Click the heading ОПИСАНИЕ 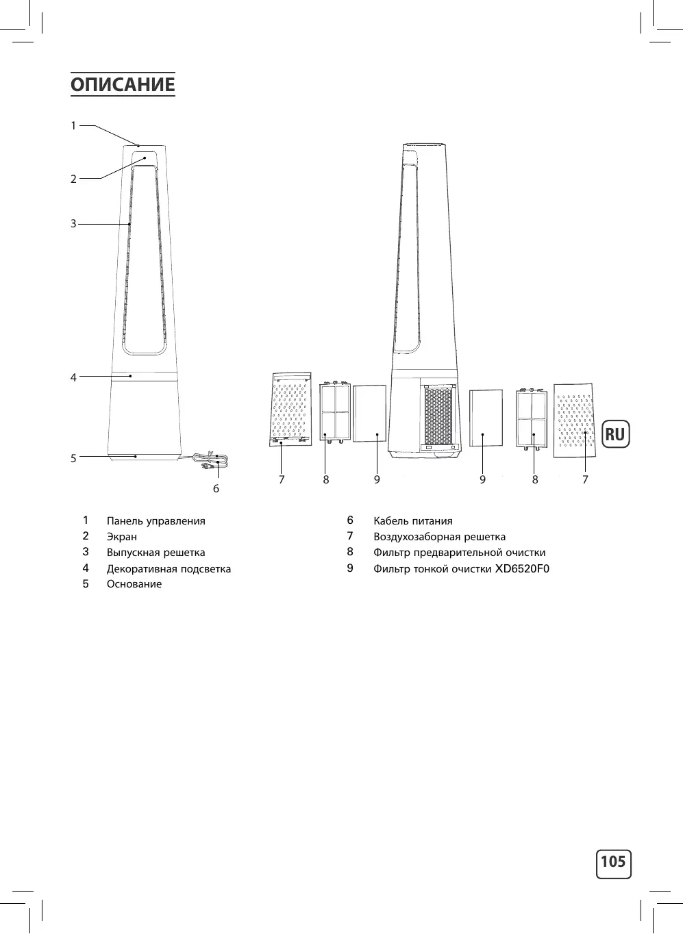point(123,84)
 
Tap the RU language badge point(615,434)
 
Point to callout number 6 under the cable point(216,488)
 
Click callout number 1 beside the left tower point(73,125)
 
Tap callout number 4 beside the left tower point(73,377)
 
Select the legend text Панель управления point(156,521)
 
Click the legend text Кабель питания point(413,521)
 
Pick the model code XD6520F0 point(523,569)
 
